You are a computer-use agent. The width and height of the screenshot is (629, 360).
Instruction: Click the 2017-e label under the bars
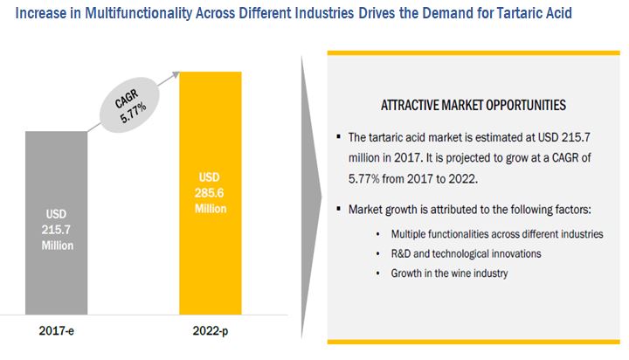(x=55, y=331)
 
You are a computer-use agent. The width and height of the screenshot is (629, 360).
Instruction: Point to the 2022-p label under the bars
(x=210, y=331)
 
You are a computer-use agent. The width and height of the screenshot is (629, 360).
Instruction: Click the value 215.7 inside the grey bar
(x=56, y=230)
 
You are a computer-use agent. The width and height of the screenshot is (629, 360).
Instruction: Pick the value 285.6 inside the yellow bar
(x=210, y=193)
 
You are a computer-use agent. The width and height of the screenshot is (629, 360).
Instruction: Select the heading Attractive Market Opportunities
(x=473, y=105)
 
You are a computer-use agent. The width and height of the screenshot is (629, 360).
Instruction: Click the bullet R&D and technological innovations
(x=466, y=253)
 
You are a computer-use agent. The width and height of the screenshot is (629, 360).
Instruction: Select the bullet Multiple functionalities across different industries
(x=497, y=234)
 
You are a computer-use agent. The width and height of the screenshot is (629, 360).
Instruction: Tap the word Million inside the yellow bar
(x=210, y=209)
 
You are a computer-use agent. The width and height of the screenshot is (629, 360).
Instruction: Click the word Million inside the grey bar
(x=56, y=246)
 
